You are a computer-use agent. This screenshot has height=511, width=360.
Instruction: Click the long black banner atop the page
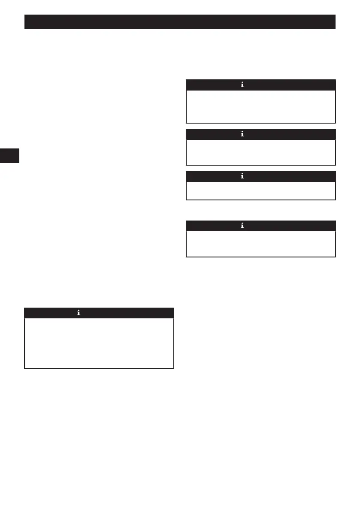tap(180, 22)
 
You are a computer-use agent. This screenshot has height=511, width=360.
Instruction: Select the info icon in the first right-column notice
tap(242, 85)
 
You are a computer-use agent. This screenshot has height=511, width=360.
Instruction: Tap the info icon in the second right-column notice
tap(242, 134)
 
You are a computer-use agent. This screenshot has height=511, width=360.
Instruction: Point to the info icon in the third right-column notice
tap(242, 176)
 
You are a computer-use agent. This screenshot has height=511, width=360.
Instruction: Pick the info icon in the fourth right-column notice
tap(242, 226)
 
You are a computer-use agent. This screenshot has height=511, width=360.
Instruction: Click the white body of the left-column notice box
tap(99, 343)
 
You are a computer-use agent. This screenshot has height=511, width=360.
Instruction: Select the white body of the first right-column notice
tap(260, 106)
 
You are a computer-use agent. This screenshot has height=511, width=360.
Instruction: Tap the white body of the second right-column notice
tap(260, 152)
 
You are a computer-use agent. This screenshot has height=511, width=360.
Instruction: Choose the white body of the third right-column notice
tap(260, 190)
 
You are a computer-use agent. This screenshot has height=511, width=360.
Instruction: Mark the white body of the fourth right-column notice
tap(260, 244)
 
